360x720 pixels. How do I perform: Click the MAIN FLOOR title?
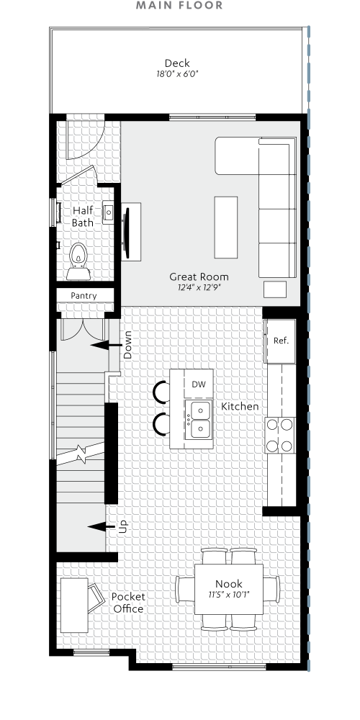pyautogui.click(x=179, y=6)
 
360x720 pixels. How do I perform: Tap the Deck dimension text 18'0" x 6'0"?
pyautogui.click(x=177, y=74)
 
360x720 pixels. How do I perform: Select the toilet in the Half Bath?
pyautogui.click(x=77, y=260)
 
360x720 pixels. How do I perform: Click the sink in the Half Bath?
pyautogui.click(x=108, y=213)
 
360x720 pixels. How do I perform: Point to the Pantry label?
pyautogui.click(x=84, y=296)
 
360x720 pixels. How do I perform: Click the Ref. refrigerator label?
pyautogui.click(x=281, y=340)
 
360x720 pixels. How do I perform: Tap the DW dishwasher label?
pyautogui.click(x=199, y=384)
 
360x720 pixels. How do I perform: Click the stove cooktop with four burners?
pyautogui.click(x=280, y=436)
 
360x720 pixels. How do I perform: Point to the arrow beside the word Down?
pyautogui.click(x=104, y=346)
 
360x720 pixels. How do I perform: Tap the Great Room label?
pyautogui.click(x=199, y=276)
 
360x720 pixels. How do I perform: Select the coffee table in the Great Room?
pyautogui.click(x=225, y=227)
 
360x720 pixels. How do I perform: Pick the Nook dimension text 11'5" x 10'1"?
pyautogui.click(x=229, y=595)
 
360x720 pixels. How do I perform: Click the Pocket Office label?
pyautogui.click(x=128, y=603)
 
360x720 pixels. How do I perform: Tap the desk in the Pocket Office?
pyautogui.click(x=73, y=604)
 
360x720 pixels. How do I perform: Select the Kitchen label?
pyautogui.click(x=240, y=407)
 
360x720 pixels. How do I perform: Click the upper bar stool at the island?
pyautogui.click(x=159, y=392)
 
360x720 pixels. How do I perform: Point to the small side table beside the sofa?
pyautogui.click(x=275, y=289)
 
